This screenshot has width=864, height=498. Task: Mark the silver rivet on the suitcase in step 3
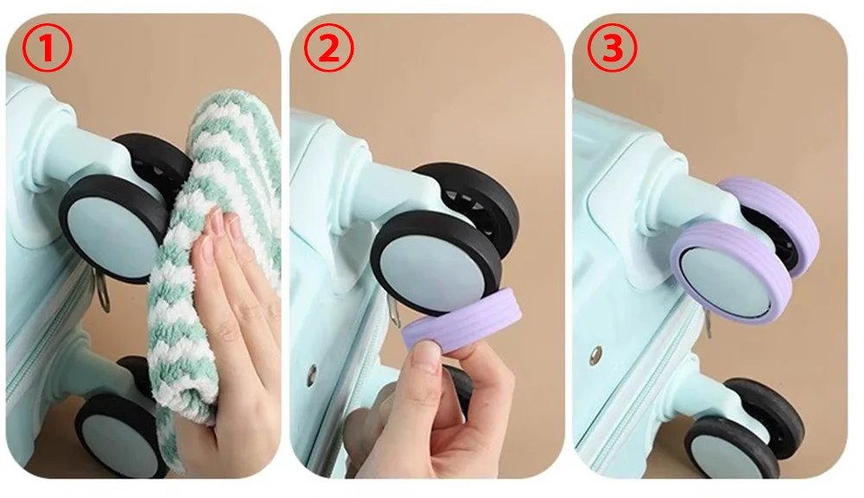[x=596, y=354]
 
